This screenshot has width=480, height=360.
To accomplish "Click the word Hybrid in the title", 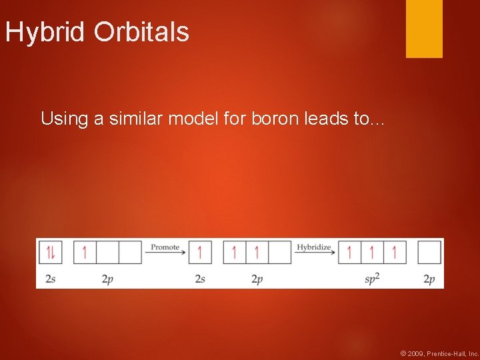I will click(x=46, y=32).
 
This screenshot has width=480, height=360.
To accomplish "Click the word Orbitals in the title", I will click(x=141, y=32).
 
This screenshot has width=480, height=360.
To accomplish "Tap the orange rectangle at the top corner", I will click(x=424, y=28).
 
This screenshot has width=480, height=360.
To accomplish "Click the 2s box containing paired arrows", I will click(x=51, y=253).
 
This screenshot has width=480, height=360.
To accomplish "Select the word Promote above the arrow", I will click(x=165, y=247).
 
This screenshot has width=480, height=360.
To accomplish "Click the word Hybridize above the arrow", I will click(x=314, y=247).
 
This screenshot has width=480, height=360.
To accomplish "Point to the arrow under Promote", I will click(x=165, y=253).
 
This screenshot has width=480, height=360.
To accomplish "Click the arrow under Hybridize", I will click(x=314, y=253).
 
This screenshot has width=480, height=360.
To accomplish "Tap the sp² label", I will click(x=372, y=279).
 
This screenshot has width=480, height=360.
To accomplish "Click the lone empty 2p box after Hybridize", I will click(x=429, y=253).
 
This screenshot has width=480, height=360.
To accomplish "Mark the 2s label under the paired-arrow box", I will click(x=51, y=279).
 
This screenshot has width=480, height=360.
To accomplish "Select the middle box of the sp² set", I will click(x=372, y=253).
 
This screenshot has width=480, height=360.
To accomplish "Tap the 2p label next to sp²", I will click(x=429, y=279).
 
